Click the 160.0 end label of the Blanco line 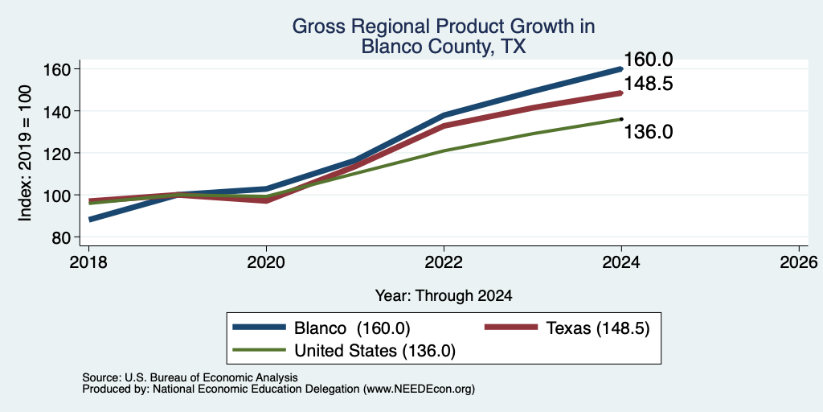pyautogui.click(x=648, y=60)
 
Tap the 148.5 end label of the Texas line pyautogui.click(x=649, y=84)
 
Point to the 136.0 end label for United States pyautogui.click(x=649, y=132)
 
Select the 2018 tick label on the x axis pyautogui.click(x=89, y=262)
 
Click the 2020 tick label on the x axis pyautogui.click(x=267, y=262)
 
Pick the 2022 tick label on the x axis pyautogui.click(x=444, y=262)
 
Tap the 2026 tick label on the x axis pyautogui.click(x=799, y=262)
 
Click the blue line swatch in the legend pyautogui.click(x=260, y=328)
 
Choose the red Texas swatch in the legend pyautogui.click(x=511, y=328)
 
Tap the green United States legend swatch pyautogui.click(x=260, y=350)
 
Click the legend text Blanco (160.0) pyautogui.click(x=352, y=328)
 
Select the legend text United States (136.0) pyautogui.click(x=375, y=351)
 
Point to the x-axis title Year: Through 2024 pyautogui.click(x=444, y=296)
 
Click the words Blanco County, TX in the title pyautogui.click(x=444, y=47)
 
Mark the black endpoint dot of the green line pyautogui.click(x=621, y=119)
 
